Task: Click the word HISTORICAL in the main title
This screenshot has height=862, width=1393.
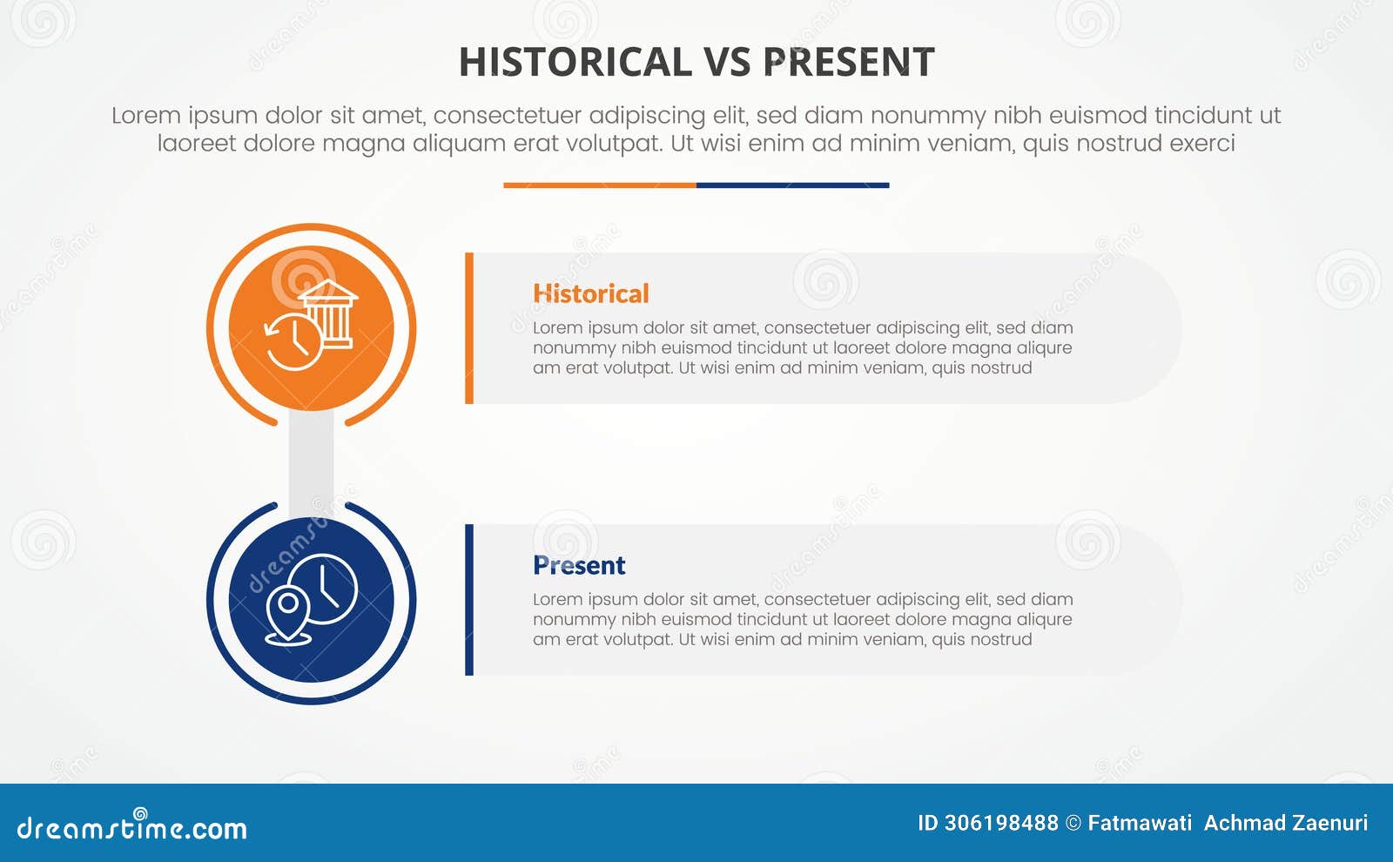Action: coord(575,62)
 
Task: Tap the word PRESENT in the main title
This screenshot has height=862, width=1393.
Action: coord(848,62)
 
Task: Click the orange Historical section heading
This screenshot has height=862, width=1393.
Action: coord(590,293)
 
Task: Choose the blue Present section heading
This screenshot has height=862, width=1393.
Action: coord(579,565)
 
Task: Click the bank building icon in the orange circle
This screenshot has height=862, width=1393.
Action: coord(328,314)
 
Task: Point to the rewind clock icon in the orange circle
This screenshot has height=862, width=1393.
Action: coord(293,342)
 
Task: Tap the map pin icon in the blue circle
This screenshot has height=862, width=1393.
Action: coord(288,615)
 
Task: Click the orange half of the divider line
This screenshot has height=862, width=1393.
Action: coord(600,185)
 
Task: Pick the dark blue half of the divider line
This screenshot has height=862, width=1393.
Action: coord(792,185)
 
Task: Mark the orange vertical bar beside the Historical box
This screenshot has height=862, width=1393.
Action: coord(469,328)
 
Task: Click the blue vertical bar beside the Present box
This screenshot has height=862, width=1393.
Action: coord(469,600)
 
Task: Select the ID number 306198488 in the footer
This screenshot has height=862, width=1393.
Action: coord(1001,823)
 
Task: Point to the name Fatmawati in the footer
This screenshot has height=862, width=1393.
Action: coord(1140,823)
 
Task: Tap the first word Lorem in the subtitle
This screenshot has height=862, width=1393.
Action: coord(145,115)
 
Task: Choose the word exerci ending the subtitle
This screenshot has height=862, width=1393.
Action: coord(1202,143)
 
